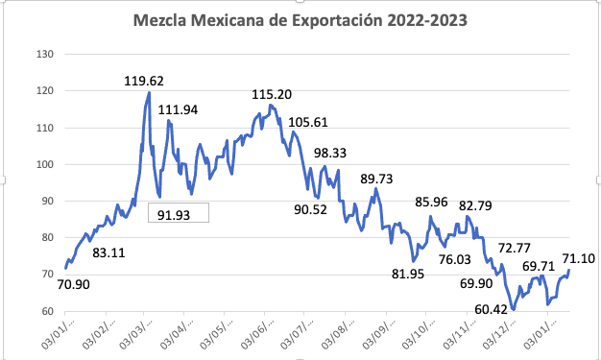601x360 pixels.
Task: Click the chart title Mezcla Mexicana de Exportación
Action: [300, 19]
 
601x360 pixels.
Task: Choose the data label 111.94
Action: [178, 110]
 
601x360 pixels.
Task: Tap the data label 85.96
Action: [433, 203]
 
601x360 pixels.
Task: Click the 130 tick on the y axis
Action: [44, 55]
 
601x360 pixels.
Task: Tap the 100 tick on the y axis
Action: [44, 164]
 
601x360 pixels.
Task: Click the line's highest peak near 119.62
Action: [150, 92]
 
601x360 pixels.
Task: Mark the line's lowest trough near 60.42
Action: [514, 309]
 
